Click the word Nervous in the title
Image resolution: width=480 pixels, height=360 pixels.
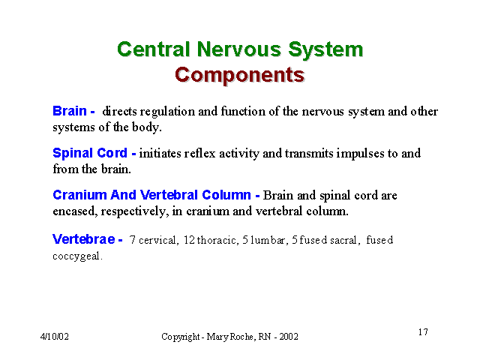pyautogui.click(x=238, y=49)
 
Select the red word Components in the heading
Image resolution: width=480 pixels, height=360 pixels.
pyautogui.click(x=240, y=75)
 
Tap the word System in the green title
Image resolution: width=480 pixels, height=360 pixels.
pyautogui.click(x=325, y=50)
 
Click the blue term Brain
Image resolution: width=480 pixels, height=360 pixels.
pyautogui.click(x=70, y=111)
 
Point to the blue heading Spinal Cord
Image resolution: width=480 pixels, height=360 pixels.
pyautogui.click(x=90, y=153)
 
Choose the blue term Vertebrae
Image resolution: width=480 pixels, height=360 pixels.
pyautogui.click(x=84, y=239)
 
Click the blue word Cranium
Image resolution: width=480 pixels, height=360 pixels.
pyautogui.click(x=79, y=195)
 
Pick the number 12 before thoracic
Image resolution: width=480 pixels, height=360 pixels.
pyautogui.click(x=189, y=240)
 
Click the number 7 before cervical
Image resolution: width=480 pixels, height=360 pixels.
pyautogui.click(x=132, y=240)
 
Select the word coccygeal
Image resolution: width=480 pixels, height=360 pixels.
pyautogui.click(x=76, y=256)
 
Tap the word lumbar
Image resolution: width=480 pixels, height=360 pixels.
pyautogui.click(x=268, y=240)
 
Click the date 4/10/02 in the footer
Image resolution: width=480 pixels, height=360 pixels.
pyautogui.click(x=55, y=337)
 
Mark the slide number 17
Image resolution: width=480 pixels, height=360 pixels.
pyautogui.click(x=423, y=331)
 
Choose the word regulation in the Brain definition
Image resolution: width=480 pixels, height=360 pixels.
pyautogui.click(x=167, y=112)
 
